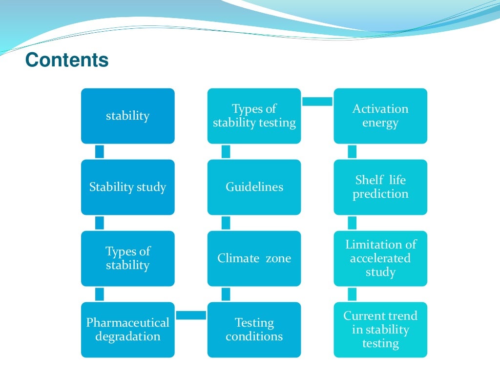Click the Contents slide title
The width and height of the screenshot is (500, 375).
pos(66,61)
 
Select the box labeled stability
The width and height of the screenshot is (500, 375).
pos(127,116)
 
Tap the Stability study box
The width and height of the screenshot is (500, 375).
pos(127,187)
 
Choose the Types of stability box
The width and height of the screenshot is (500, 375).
pos(127,258)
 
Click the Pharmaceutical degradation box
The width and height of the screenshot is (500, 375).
pos(127,330)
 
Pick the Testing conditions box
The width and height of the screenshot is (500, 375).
pos(254,330)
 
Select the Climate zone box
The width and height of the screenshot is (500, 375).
pos(254,258)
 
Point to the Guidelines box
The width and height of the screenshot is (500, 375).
pos(254,187)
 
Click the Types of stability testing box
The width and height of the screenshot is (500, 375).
pos(254,116)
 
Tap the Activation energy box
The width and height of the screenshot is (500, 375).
pos(380,116)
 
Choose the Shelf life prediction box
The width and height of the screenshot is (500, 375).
pos(380,187)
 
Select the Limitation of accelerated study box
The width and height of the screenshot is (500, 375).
pos(380,258)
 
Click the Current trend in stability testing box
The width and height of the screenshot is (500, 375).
pos(380,330)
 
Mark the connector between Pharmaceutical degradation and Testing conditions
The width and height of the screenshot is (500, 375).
pos(191,315)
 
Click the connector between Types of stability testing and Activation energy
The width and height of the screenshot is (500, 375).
pos(317,101)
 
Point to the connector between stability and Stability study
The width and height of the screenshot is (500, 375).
pos(100,151)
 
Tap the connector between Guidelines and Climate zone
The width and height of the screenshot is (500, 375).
pos(226,223)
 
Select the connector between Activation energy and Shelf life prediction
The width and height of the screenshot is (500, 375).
pos(352,151)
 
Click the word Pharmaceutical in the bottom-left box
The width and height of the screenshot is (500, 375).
pos(127,323)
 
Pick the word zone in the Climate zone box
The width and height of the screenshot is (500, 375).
pos(278,258)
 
